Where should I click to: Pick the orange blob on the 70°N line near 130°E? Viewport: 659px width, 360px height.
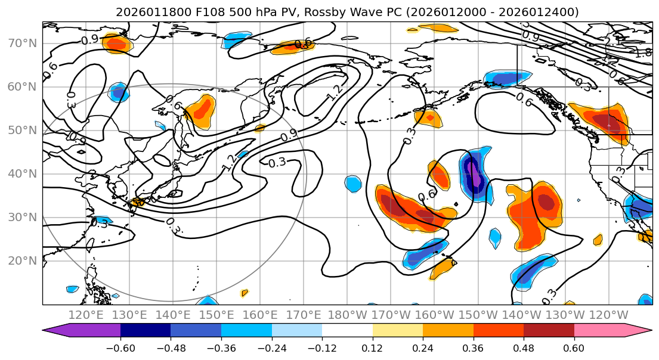(x=116, y=43)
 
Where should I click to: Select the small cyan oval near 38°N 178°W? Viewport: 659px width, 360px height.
(x=353, y=183)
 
